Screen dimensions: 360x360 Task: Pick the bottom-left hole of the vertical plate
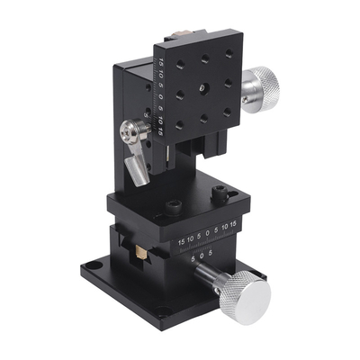point(180,122)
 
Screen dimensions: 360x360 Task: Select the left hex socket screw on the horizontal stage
point(172,211)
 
